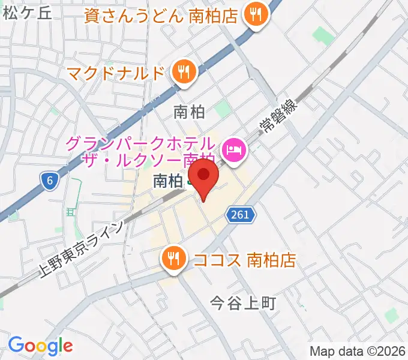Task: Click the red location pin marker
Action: click(x=205, y=177)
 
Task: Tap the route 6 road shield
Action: click(x=50, y=179)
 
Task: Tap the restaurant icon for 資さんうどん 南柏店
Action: click(x=256, y=16)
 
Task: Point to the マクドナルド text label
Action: click(x=116, y=74)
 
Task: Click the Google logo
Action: click(x=40, y=346)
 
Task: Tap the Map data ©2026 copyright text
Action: click(x=358, y=352)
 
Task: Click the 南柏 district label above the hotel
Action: click(x=189, y=112)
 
